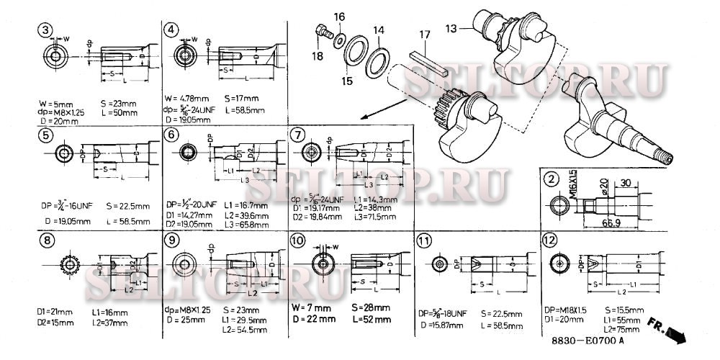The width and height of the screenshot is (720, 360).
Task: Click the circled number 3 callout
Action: pyautogui.click(x=46, y=30)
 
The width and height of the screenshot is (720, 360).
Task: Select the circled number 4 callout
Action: pyautogui.click(x=171, y=30)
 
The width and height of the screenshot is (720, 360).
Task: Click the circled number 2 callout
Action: pyautogui.click(x=551, y=179)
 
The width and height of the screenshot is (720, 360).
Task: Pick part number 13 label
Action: pyautogui.click(x=451, y=28)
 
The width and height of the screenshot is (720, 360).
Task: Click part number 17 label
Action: pyautogui.click(x=425, y=33)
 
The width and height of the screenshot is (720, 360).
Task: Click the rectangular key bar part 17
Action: pyautogui.click(x=431, y=63)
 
